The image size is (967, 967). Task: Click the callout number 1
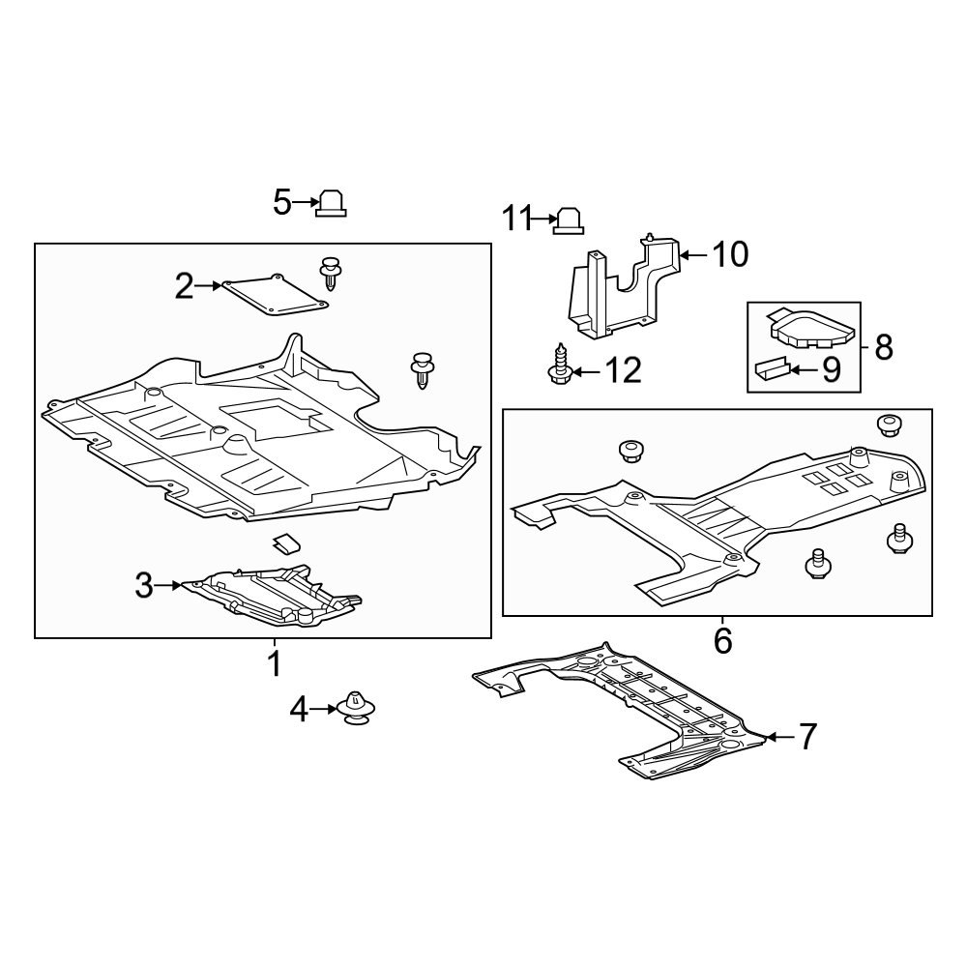click(x=274, y=664)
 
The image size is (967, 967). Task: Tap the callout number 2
click(x=185, y=286)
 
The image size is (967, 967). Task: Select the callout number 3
click(x=144, y=585)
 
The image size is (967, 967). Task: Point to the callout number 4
click(x=299, y=711)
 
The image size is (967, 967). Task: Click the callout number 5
click(x=281, y=203)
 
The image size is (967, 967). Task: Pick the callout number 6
click(x=722, y=640)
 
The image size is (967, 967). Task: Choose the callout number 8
click(x=883, y=347)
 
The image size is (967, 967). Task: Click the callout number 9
click(x=831, y=370)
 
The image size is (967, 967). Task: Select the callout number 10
click(x=730, y=255)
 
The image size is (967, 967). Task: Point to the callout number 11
click(x=516, y=220)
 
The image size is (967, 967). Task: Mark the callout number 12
click(x=623, y=370)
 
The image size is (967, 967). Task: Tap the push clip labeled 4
click(x=359, y=709)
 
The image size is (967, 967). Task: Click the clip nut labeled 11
click(x=567, y=220)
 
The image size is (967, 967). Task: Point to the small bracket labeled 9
click(x=771, y=368)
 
